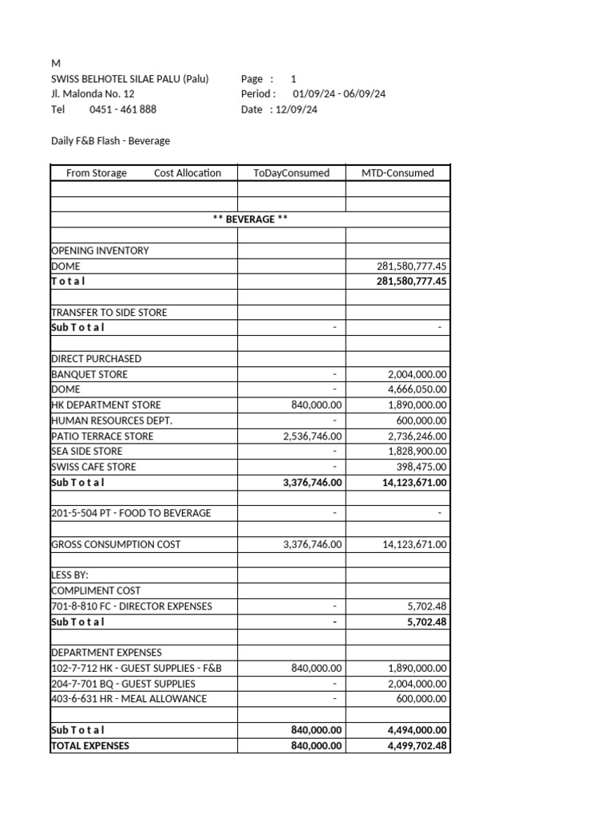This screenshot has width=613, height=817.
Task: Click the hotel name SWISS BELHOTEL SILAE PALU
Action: click(x=129, y=79)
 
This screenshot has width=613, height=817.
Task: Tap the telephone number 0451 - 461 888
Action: click(x=123, y=109)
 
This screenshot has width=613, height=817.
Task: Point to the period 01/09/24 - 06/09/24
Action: click(x=339, y=94)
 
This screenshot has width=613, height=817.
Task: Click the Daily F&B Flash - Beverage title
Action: click(x=110, y=140)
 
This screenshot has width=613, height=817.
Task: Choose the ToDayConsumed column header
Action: click(x=291, y=172)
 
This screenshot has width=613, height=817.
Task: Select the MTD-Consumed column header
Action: click(x=397, y=172)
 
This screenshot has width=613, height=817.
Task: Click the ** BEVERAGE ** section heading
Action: click(x=250, y=219)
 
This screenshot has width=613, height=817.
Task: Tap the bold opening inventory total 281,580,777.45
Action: click(x=412, y=281)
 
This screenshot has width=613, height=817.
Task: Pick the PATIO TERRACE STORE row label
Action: click(x=102, y=436)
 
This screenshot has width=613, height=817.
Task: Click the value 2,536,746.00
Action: click(x=312, y=436)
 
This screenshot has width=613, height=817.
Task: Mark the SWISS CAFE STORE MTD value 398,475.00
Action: click(x=422, y=467)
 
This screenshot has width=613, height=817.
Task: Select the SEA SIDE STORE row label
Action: click(x=87, y=452)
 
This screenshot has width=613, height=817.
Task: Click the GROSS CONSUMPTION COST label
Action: click(x=116, y=544)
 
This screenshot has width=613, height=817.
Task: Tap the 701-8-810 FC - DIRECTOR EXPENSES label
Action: click(x=132, y=606)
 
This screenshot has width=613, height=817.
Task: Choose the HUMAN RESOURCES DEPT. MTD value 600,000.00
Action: click(x=422, y=420)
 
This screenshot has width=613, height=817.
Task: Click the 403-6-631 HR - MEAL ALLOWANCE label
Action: click(x=129, y=698)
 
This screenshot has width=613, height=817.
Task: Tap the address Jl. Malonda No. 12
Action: click(x=93, y=94)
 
